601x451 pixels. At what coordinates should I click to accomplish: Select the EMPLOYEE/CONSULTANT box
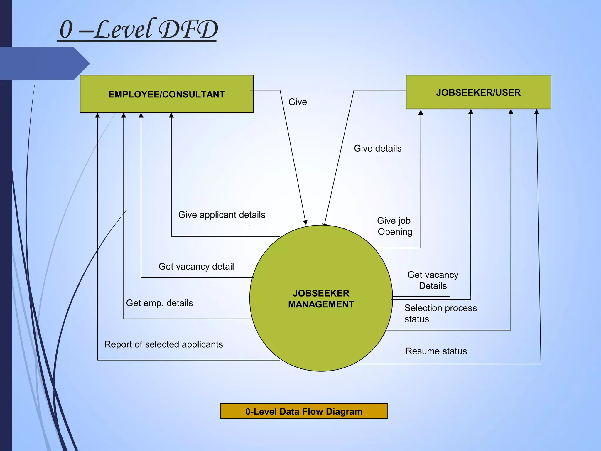(166, 94)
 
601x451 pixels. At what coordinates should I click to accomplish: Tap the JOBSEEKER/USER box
(478, 92)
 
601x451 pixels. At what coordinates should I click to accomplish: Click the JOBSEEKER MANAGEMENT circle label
(321, 299)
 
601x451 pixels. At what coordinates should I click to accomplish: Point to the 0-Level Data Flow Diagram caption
(304, 411)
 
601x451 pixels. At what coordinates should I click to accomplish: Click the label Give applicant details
(222, 215)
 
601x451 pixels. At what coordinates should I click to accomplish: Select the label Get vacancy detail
(196, 266)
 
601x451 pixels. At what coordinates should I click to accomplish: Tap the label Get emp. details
(159, 303)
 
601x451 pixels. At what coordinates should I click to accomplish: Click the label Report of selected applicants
(163, 344)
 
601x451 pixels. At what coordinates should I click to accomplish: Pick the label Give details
(377, 148)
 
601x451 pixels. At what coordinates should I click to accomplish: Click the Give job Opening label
(394, 226)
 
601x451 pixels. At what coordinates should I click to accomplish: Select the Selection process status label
(440, 313)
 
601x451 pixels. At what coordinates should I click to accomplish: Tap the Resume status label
(436, 351)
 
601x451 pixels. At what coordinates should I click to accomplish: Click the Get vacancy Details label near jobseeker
(433, 280)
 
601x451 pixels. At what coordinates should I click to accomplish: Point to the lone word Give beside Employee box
(298, 102)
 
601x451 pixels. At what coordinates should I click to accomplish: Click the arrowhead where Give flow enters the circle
(305, 222)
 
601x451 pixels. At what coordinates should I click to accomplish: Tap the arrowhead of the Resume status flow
(537, 112)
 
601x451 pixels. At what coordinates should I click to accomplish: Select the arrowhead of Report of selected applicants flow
(97, 115)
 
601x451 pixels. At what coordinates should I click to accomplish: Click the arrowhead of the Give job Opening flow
(421, 112)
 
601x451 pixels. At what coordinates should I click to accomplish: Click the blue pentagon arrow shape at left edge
(44, 63)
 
